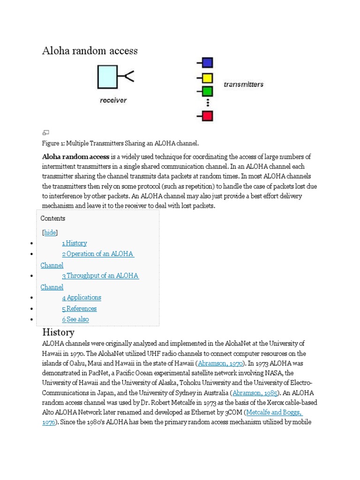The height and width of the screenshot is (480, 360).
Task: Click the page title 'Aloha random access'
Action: (90, 51)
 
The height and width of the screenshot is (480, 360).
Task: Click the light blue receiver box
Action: (107, 77)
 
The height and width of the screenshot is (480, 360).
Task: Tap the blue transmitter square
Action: (207, 63)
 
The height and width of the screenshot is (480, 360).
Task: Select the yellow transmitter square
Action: (207, 78)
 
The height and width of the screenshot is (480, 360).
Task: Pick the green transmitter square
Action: (207, 91)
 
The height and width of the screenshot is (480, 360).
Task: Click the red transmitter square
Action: (207, 116)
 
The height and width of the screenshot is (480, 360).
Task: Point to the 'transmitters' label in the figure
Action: (243, 85)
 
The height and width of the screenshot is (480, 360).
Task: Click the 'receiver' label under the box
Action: (113, 100)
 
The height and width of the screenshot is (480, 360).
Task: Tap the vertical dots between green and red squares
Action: (207, 104)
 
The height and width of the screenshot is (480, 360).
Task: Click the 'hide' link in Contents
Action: (50, 232)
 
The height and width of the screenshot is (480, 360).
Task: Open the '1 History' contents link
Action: (75, 243)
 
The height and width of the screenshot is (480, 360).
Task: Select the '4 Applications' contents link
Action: (82, 297)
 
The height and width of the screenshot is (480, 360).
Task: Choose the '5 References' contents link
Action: (79, 308)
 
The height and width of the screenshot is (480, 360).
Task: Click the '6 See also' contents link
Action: (75, 319)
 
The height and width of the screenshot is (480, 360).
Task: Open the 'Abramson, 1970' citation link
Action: (220, 363)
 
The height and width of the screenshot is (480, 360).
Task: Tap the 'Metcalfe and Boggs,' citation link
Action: (274, 412)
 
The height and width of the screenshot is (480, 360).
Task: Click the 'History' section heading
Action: (58, 332)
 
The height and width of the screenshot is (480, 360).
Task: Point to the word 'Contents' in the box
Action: (53, 218)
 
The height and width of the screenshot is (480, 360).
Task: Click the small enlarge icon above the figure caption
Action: (46, 133)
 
